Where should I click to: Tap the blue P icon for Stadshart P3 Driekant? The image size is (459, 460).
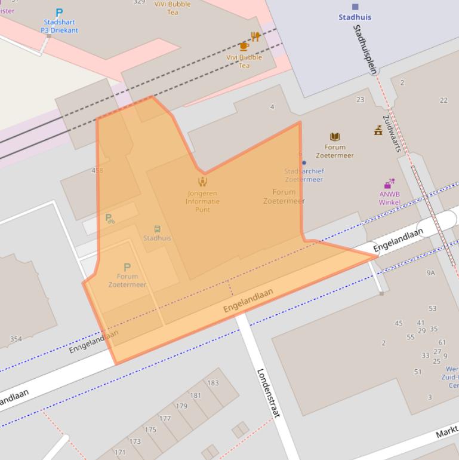tap(59, 13)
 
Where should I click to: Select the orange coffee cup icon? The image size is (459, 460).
tap(243, 46)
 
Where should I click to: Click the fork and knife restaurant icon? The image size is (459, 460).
tap(255, 36)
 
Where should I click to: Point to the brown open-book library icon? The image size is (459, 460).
tap(335, 137)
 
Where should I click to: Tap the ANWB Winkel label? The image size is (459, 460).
tap(389, 198)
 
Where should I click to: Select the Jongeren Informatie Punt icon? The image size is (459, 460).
tap(202, 182)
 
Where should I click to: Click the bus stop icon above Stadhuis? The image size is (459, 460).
tap(157, 229)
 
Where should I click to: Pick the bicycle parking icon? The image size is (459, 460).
tap(110, 219)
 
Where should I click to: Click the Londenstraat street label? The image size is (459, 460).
tap(269, 392)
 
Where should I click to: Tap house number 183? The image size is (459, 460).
tap(213, 383)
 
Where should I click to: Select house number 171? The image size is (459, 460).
tap(120, 452)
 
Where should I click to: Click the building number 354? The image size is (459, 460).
tap(16, 339)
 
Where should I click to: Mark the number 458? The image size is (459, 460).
tap(97, 171)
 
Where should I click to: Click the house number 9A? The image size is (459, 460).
tap(430, 273)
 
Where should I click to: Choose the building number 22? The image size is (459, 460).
tap(443, 100)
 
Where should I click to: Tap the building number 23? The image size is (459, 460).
tap(360, 100)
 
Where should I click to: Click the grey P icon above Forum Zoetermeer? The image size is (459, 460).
tap(127, 267)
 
